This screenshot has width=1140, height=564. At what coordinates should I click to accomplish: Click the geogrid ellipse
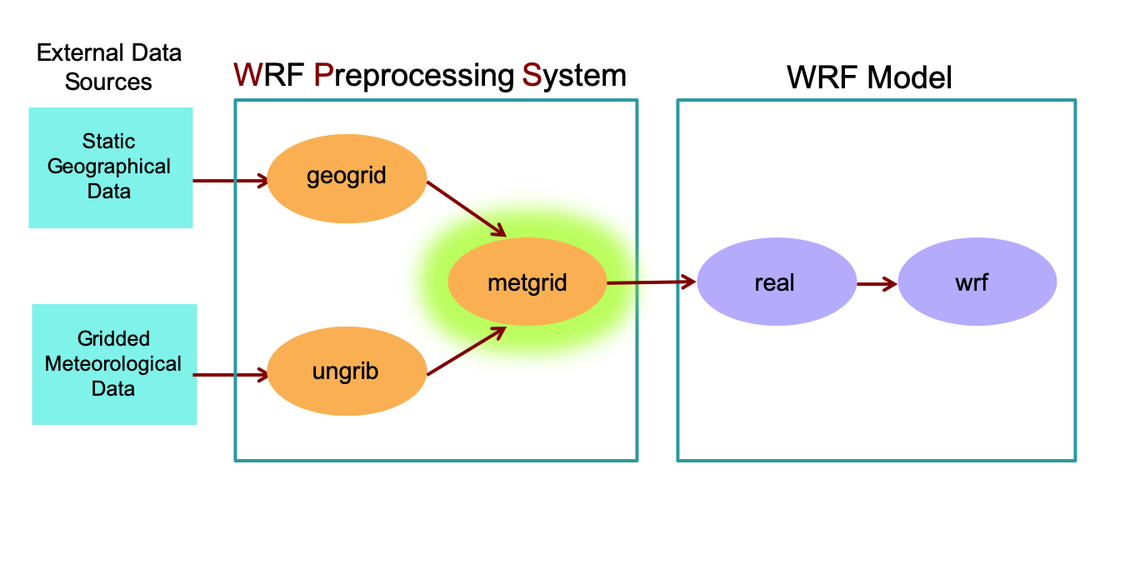(x=347, y=178)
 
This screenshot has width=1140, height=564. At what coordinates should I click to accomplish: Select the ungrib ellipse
(x=347, y=372)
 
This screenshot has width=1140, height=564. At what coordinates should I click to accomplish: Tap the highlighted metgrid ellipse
(x=527, y=282)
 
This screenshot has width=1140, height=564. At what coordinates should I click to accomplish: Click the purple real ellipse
(x=776, y=282)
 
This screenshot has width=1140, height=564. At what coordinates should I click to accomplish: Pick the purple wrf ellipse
(x=977, y=282)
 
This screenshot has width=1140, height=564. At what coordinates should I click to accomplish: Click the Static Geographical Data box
(x=110, y=167)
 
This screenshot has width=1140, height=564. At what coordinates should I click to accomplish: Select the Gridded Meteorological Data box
(x=114, y=364)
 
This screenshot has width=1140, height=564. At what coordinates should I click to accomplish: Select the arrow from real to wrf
(x=877, y=283)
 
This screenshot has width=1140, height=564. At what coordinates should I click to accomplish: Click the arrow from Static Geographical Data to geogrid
(x=230, y=180)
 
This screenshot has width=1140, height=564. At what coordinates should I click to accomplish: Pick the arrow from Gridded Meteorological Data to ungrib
(x=230, y=375)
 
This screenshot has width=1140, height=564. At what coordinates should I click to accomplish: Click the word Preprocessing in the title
(x=414, y=76)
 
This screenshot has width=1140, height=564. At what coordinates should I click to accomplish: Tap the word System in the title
(x=574, y=76)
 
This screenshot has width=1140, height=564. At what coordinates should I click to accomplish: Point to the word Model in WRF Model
(x=909, y=78)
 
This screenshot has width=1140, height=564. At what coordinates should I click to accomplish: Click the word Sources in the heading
(x=108, y=82)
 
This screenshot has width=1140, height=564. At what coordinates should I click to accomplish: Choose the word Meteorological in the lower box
(x=113, y=364)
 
